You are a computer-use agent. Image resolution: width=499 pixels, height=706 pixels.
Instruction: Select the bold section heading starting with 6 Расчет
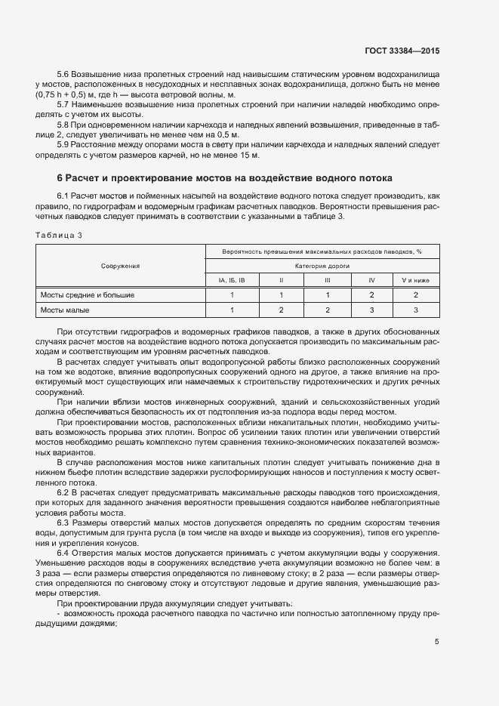coord(225,178)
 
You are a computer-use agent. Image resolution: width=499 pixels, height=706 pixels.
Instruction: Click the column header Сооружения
coord(121,266)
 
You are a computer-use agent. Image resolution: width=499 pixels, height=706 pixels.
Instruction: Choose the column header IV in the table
coord(371,280)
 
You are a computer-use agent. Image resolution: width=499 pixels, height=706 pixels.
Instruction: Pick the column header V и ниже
coord(416,280)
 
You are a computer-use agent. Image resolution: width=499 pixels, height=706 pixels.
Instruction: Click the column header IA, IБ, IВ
coord(232,280)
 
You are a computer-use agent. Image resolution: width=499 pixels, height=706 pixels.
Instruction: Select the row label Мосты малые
coord(65,310)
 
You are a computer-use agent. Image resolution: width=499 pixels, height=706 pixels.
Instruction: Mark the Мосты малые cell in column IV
coord(371,310)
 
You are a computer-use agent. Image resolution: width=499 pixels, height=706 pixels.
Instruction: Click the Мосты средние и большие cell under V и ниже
coord(416,295)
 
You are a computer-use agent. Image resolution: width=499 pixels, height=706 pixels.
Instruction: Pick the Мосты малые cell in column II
coord(281,310)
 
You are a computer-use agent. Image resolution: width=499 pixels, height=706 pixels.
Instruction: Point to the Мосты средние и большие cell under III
coord(327,295)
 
